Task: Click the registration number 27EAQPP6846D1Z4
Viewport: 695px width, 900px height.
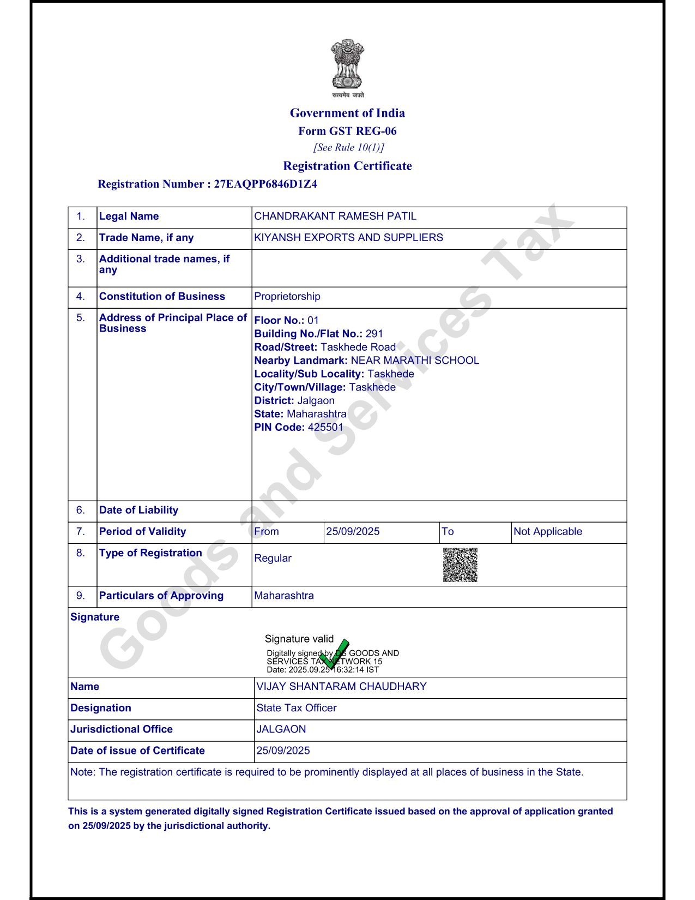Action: [x=265, y=184]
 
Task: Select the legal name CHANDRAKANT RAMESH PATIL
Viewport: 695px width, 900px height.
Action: [x=335, y=216]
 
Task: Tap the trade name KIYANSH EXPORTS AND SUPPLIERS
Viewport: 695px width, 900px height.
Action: [x=348, y=237]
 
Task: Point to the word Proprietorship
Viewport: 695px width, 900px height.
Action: [x=287, y=296]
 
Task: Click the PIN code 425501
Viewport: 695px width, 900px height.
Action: [x=325, y=427]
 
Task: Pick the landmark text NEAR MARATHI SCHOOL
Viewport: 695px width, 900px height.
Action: [x=415, y=361]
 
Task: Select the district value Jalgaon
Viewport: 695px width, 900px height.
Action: [x=316, y=400]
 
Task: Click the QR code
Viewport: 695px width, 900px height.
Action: [x=460, y=565]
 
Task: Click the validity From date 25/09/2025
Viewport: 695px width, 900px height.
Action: [x=353, y=531]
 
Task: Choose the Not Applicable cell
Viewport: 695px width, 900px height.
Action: [x=547, y=531]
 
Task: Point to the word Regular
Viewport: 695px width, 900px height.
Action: [x=273, y=558]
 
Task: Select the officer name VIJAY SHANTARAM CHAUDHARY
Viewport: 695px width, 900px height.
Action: [x=341, y=686]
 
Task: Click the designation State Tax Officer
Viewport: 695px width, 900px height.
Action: [x=297, y=707]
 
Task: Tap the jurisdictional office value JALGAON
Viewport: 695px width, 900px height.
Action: [x=281, y=729]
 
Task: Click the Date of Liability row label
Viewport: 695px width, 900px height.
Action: [x=138, y=510]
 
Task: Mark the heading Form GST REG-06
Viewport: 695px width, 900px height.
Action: [x=347, y=131]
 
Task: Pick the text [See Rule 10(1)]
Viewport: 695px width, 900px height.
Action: [x=348, y=147]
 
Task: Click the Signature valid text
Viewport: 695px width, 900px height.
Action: [x=299, y=639]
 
